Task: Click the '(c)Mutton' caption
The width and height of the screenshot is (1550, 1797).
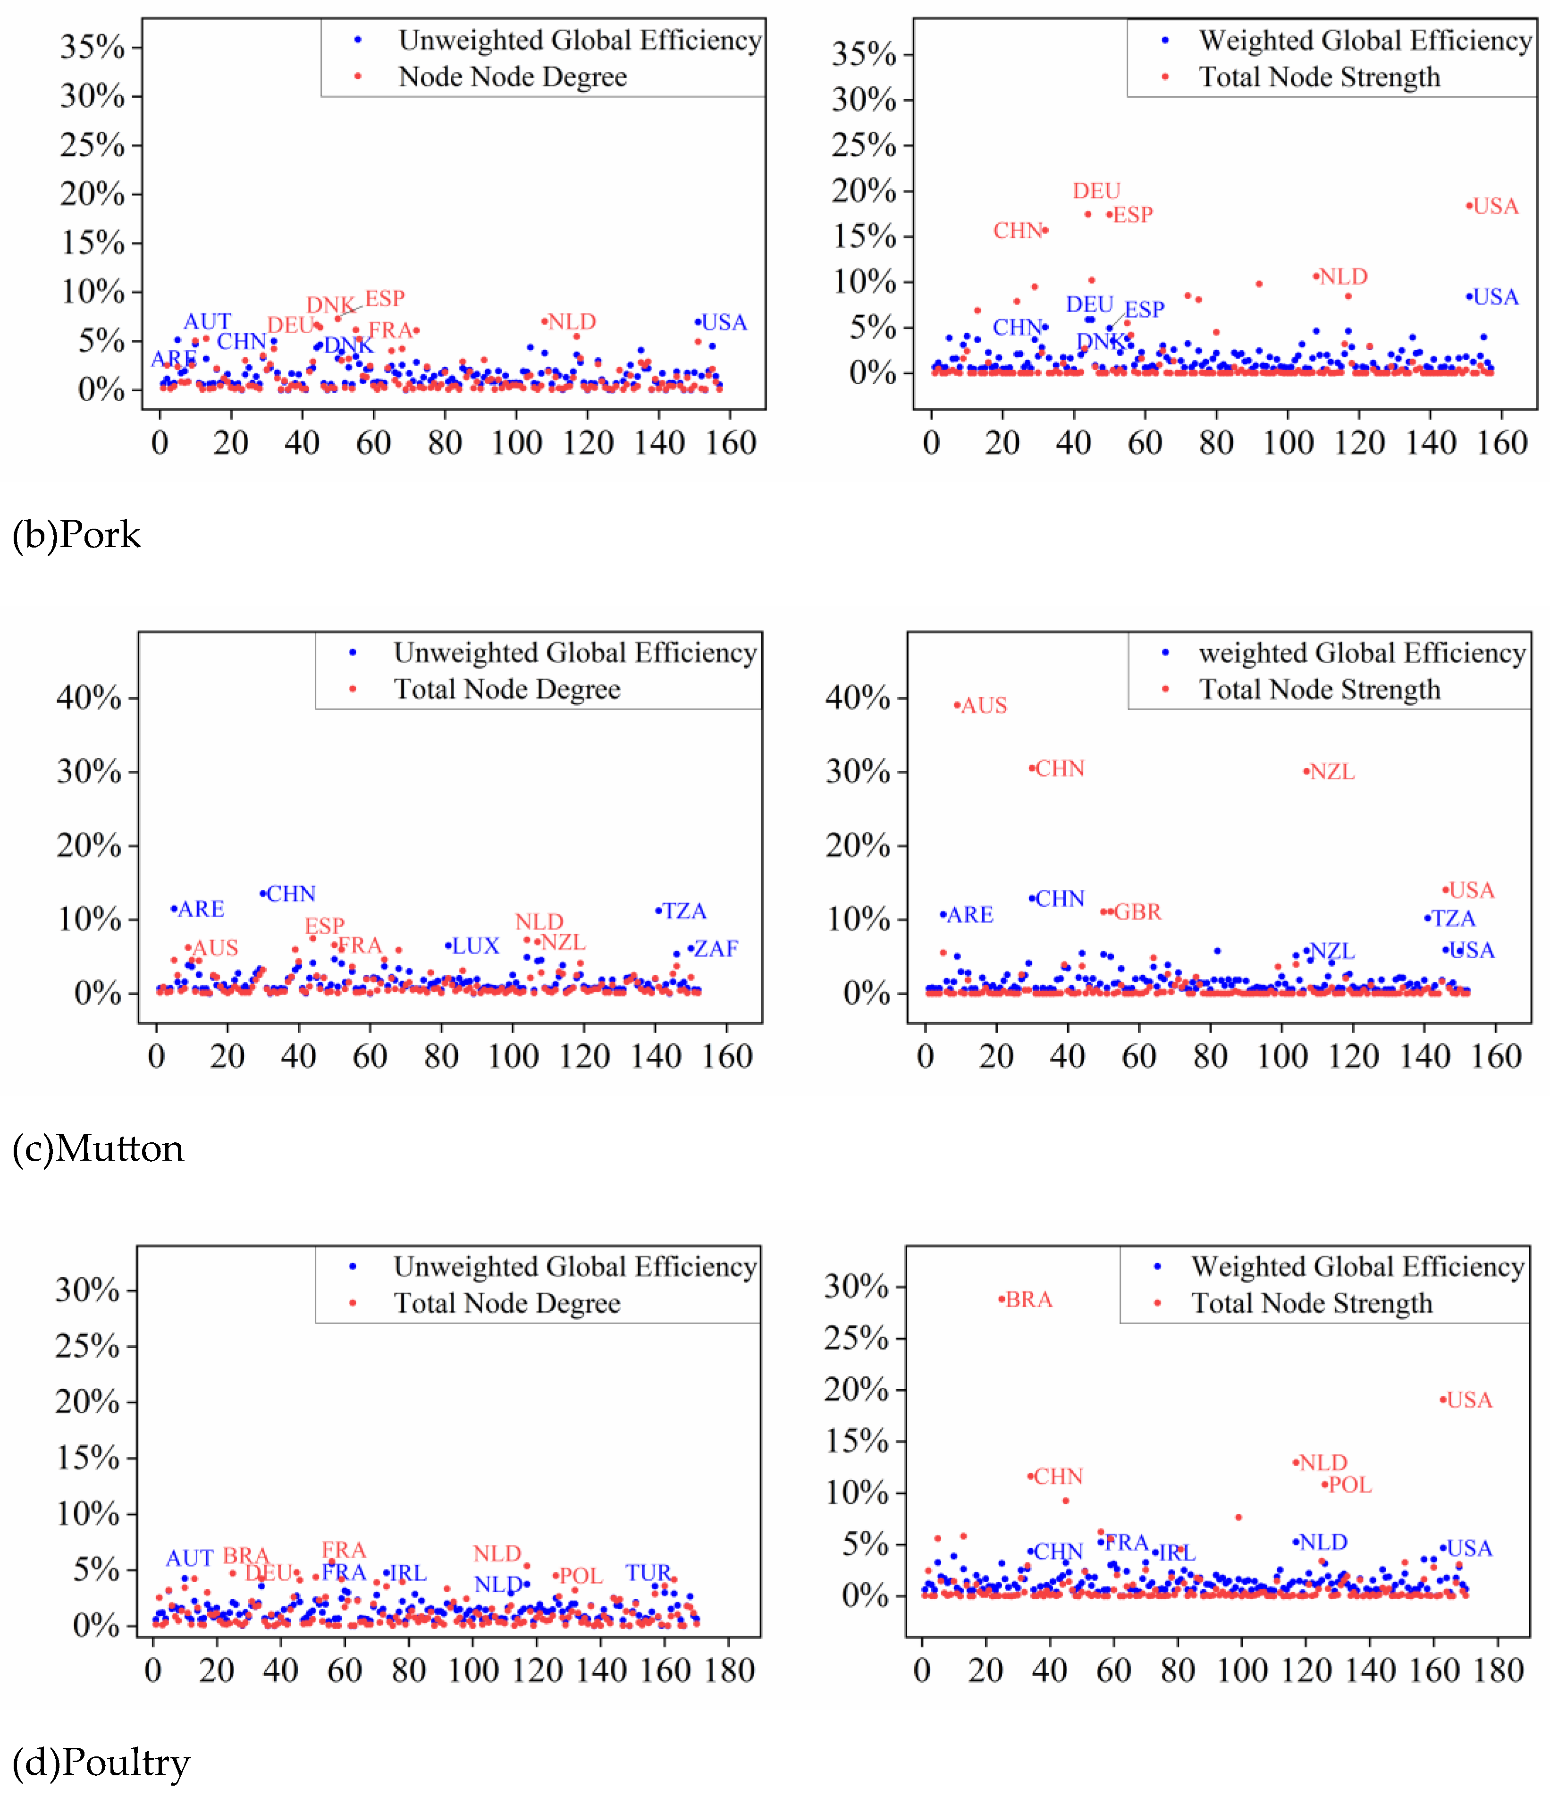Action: click(98, 1149)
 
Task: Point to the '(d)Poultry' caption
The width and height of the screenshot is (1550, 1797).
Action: click(101, 1763)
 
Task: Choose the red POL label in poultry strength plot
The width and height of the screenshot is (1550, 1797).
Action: click(1350, 1485)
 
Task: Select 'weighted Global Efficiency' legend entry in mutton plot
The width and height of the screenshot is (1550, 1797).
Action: click(1362, 653)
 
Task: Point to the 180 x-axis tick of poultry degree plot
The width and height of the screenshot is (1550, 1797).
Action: click(730, 1670)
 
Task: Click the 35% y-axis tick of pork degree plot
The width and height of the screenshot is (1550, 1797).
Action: click(92, 47)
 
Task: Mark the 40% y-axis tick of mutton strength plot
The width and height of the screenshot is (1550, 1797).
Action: click(857, 698)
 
